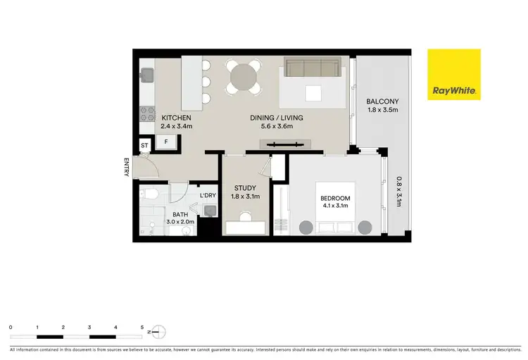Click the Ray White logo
454,74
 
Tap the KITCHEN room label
176,118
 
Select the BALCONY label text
382,101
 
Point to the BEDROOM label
336,199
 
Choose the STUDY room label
245,188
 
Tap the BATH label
180,213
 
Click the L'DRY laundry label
207,195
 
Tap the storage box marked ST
144,146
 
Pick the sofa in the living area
311,68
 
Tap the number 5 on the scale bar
143,327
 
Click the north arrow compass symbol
158,332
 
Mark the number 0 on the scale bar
11,327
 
